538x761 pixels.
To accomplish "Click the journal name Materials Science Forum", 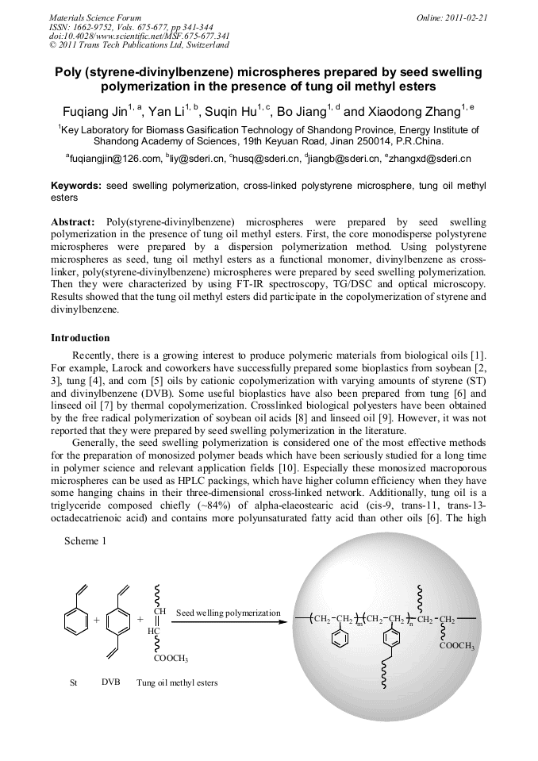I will (x=95, y=17).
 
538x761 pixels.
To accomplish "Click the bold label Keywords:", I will (x=75, y=185).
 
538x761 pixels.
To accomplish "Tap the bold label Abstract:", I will (x=73, y=222).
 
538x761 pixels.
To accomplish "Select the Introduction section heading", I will (x=80, y=338).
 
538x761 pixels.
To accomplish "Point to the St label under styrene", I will (x=74, y=682).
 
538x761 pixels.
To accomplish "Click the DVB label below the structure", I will (x=110, y=682).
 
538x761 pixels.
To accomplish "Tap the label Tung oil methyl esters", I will (x=177, y=682).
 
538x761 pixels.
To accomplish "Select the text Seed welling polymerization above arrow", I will (x=228, y=613).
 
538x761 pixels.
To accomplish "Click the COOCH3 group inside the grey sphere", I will (x=456, y=647).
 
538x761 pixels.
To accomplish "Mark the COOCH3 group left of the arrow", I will (x=171, y=658).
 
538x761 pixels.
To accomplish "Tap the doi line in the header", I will (x=140, y=36).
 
